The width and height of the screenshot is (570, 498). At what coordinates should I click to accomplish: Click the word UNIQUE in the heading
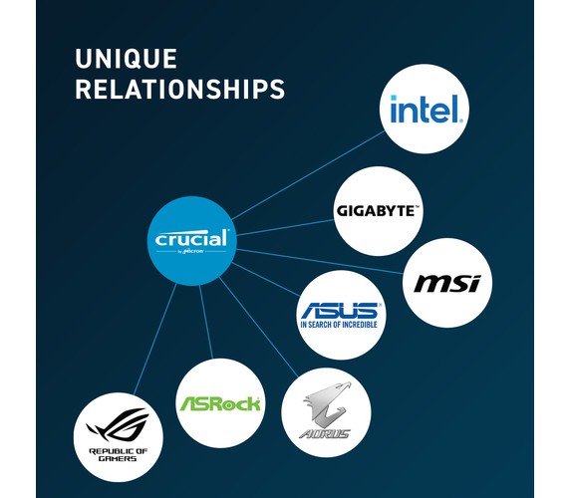(126, 59)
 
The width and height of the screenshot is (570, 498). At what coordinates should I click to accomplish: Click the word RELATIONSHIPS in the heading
(180, 89)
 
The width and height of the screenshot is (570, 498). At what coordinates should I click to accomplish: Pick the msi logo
(447, 283)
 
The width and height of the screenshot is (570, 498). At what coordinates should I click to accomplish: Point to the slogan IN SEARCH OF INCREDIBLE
(339, 324)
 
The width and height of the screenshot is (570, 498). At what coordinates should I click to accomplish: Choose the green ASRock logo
(220, 403)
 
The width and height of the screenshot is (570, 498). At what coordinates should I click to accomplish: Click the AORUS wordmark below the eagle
(325, 433)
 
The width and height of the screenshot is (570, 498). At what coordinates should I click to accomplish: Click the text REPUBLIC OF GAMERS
(119, 455)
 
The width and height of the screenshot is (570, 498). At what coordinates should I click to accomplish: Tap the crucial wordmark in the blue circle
(192, 239)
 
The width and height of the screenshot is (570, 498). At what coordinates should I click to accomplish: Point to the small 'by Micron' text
(191, 251)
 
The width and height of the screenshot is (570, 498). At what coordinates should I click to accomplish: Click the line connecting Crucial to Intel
(308, 175)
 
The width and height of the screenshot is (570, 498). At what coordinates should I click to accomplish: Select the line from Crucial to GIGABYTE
(285, 227)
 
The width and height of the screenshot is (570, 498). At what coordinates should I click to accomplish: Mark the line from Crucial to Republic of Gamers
(154, 339)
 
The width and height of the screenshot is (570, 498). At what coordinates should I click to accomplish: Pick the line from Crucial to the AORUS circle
(258, 327)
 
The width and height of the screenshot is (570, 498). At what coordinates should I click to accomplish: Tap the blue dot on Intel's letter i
(394, 98)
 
